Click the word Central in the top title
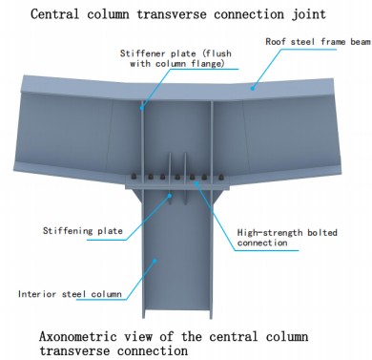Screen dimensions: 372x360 [x=54, y=14]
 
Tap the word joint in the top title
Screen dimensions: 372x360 [x=309, y=15]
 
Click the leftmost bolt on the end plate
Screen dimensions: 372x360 [x=134, y=177]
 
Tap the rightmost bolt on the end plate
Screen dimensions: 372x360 [x=220, y=177]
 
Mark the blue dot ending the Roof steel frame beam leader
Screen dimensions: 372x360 [x=252, y=87]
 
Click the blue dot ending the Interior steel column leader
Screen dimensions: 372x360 [x=155, y=261]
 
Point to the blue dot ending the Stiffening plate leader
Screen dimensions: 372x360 [x=170, y=195]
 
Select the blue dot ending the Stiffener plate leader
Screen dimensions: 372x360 [x=142, y=108]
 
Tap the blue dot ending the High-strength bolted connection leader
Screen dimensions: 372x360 [x=197, y=182]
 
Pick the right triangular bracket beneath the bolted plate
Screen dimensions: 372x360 [x=217, y=197]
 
